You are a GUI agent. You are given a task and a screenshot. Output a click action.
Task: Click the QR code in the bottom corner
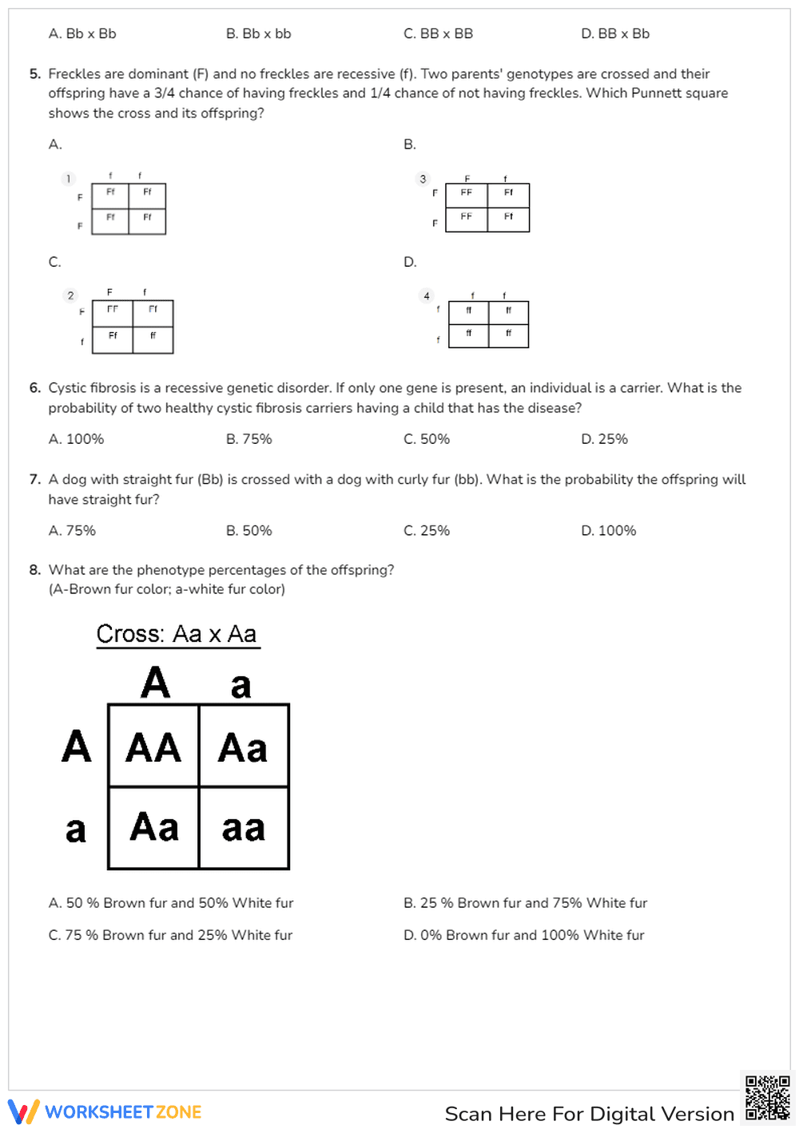coord(767,1098)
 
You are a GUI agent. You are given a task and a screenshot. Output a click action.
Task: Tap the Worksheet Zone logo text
coord(123,1112)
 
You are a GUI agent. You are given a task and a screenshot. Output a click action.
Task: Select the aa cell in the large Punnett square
coord(244,829)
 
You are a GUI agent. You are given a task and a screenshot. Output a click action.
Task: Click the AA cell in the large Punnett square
coord(153,747)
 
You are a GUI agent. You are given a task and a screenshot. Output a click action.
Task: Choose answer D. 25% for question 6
coord(604,439)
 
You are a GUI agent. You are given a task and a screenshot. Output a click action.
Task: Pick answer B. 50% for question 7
coord(248,531)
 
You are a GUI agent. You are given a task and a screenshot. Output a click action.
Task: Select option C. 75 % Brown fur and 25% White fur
coord(170,935)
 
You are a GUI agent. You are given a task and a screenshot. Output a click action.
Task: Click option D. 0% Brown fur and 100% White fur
coord(523,935)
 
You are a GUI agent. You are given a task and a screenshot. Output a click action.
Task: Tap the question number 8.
coord(34,570)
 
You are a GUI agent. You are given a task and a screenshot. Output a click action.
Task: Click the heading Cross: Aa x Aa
coord(177,634)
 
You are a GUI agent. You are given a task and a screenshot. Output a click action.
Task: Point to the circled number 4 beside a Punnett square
coord(427,296)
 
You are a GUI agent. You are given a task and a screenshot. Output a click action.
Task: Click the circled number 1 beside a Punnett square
coord(69,179)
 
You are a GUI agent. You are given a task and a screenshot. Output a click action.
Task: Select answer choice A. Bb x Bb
coord(82,34)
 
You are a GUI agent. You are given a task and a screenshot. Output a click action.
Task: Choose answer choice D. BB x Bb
coord(615,34)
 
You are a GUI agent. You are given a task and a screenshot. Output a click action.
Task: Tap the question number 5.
coord(34,74)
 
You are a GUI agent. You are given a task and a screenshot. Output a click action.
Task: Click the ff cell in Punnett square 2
coord(153,336)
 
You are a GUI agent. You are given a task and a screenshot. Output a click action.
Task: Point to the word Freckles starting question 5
coord(74,74)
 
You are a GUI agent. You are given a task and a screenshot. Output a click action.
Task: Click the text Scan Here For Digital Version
coord(589,1114)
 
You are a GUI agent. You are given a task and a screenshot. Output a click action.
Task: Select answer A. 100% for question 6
coord(76,439)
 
